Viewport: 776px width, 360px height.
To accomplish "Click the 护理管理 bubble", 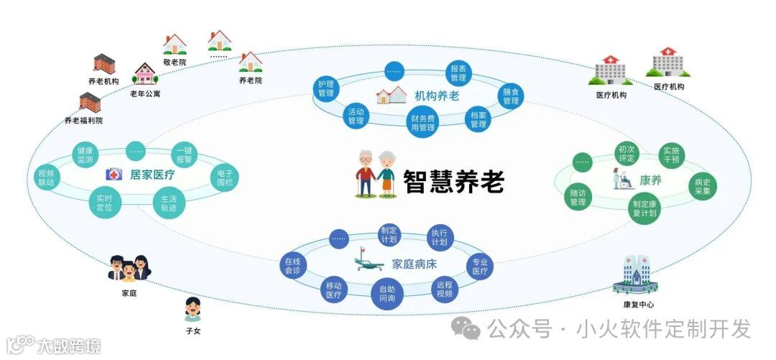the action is click(327, 88).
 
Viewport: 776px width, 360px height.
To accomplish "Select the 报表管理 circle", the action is click(458, 73).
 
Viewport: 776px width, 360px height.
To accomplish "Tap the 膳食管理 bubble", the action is click(511, 96).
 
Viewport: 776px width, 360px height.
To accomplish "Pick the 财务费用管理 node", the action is click(423, 123).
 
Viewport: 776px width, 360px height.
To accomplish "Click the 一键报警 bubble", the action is click(183, 155).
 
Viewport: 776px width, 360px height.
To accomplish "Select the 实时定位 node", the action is click(105, 203).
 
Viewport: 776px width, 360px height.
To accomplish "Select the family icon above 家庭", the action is click(130, 268).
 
